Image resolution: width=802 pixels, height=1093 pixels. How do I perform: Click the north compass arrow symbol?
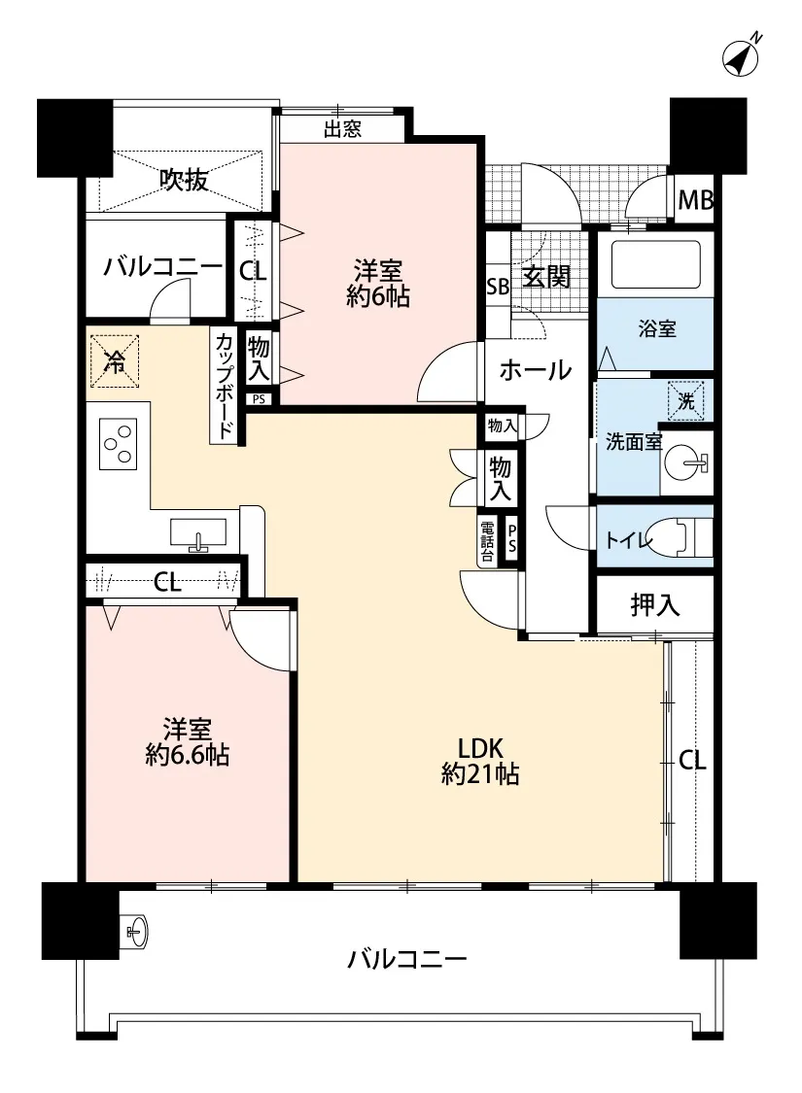pos(742,55)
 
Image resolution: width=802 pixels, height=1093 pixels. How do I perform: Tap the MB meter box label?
pos(695,201)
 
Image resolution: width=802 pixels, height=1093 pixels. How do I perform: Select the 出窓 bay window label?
pos(342,129)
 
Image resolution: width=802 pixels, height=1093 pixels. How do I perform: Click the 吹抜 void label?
pos(184,181)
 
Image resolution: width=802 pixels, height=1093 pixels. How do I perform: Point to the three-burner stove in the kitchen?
pos(119,443)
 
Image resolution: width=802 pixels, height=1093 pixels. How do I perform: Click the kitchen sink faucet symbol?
pos(198,541)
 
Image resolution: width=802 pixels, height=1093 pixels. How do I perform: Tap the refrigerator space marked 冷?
pos(115,361)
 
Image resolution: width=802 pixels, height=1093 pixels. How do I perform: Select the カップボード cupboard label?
pos(225,386)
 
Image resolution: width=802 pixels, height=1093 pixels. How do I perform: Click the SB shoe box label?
pos(498,287)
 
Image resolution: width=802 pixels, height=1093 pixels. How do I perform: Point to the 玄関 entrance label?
pos(546,277)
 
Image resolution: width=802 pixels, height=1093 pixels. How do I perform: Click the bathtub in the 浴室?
pos(655,264)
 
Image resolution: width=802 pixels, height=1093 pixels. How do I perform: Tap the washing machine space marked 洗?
pos(686,401)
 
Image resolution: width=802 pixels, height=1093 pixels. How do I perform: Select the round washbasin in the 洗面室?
pos(682,462)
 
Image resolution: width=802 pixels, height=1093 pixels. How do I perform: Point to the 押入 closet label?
pos(655,604)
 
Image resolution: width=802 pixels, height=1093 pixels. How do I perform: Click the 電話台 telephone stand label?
pos(487,540)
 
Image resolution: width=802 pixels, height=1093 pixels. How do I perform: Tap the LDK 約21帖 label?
pos(480,761)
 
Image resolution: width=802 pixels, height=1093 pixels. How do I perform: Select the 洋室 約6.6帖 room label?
pos(188,741)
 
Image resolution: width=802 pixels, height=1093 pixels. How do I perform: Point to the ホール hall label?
pos(536,369)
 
